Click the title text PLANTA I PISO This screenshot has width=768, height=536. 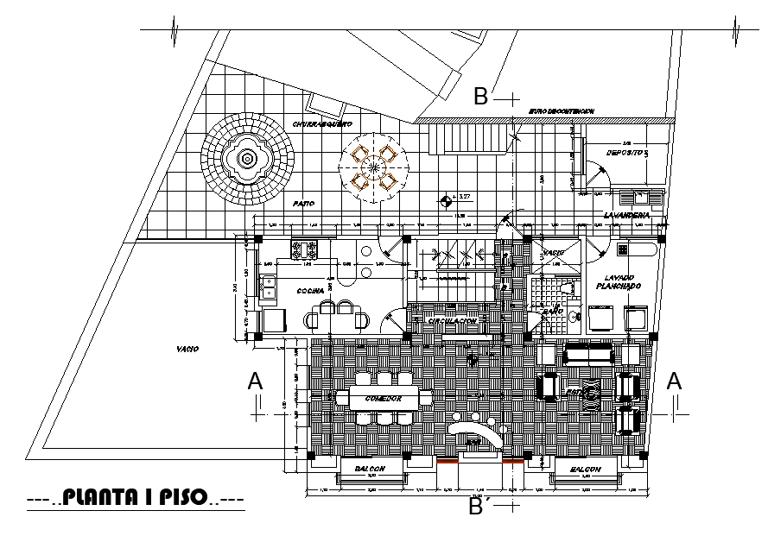(135, 498)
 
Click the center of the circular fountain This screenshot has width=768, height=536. (248, 159)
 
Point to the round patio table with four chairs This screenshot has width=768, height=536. (372, 167)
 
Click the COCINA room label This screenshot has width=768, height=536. (311, 291)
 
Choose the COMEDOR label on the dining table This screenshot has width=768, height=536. (384, 399)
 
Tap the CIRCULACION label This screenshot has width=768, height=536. (452, 321)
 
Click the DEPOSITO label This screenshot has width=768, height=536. (625, 152)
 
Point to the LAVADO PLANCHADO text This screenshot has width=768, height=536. (617, 281)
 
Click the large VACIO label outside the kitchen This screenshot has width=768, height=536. (187, 349)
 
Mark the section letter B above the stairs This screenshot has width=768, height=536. (481, 97)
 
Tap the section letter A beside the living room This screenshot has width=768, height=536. (675, 380)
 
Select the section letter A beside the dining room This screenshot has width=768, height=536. (254, 380)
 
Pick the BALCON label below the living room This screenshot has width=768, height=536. (584, 469)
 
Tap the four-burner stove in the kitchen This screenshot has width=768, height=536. (305, 249)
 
